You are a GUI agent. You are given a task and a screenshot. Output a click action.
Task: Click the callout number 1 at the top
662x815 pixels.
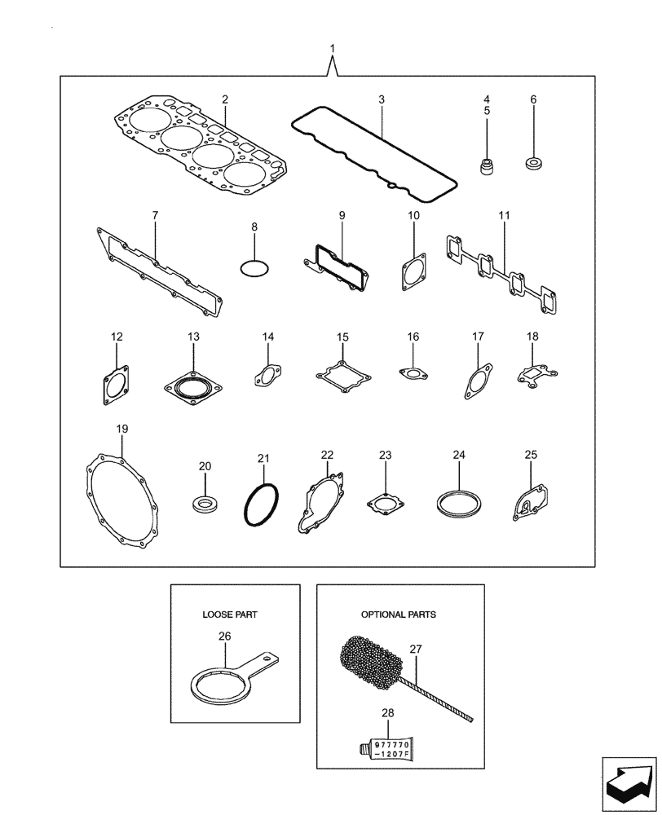332,50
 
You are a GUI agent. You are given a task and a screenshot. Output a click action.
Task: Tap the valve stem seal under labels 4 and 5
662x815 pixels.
488,167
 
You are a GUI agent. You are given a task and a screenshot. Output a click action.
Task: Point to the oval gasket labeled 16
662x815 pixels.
414,374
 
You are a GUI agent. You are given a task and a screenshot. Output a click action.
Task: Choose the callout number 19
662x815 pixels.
122,429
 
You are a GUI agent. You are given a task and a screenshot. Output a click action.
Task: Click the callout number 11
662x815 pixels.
504,215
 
